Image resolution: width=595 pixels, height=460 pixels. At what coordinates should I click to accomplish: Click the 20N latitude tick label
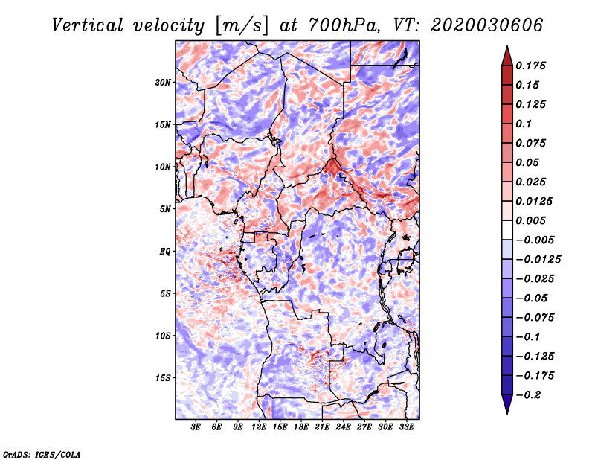(x=162, y=83)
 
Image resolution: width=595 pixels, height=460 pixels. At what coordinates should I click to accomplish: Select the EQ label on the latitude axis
(x=164, y=252)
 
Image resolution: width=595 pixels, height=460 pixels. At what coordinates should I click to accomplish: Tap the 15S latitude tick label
(x=162, y=378)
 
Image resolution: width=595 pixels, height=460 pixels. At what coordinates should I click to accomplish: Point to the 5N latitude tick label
(x=164, y=209)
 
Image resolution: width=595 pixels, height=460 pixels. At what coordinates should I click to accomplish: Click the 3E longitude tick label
(x=196, y=427)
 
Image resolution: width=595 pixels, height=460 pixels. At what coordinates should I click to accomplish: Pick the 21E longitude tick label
(x=322, y=427)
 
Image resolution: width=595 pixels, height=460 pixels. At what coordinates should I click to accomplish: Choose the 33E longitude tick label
(x=406, y=427)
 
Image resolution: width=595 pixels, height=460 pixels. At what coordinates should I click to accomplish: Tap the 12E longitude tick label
(x=258, y=427)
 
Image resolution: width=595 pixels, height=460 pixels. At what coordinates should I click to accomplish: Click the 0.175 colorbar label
(x=530, y=66)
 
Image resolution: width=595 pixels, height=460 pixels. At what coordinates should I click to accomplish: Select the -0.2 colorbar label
(x=528, y=395)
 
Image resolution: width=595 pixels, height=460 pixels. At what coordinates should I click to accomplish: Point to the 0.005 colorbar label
(x=530, y=220)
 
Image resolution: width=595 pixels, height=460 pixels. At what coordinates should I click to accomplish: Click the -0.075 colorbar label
(x=535, y=318)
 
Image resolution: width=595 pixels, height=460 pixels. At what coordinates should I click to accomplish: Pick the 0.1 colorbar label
(x=524, y=124)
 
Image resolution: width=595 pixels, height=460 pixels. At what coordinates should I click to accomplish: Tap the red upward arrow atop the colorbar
(x=507, y=57)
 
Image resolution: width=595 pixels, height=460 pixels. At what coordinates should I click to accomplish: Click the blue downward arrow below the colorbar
(x=507, y=404)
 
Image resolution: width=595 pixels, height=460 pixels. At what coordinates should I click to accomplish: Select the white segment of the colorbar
(x=507, y=230)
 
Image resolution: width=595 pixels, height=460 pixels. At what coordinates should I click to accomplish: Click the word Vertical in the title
(x=88, y=25)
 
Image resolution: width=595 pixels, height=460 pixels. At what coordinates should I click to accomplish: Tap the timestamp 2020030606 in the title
(x=487, y=25)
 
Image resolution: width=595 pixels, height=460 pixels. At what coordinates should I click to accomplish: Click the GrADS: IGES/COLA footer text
(x=42, y=454)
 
